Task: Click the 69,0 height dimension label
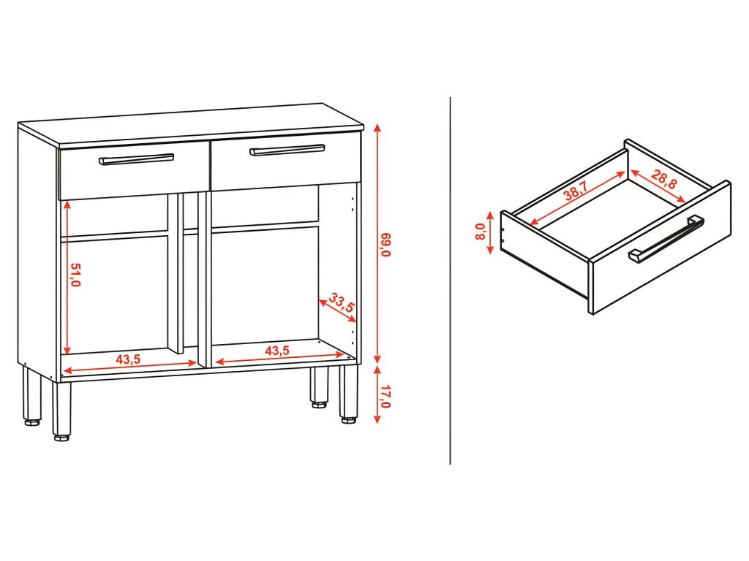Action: [387, 245]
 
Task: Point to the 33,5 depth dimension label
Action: [342, 302]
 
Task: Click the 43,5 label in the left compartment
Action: [129, 359]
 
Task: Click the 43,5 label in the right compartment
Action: [277, 351]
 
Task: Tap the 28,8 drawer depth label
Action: [663, 180]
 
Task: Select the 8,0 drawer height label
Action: [481, 232]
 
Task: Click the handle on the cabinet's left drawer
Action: [137, 159]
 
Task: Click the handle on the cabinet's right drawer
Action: [287, 150]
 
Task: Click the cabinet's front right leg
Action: [347, 394]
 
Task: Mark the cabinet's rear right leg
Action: [318, 386]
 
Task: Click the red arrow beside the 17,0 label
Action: [377, 395]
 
